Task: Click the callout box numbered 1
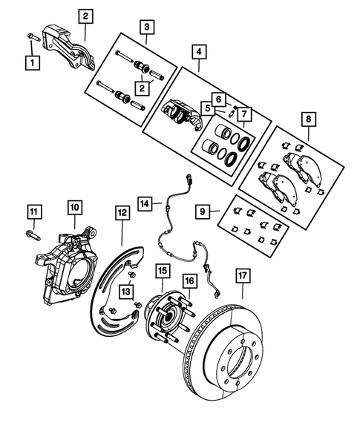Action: point(32,63)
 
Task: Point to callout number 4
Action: point(198,53)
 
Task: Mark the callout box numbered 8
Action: point(308,117)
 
